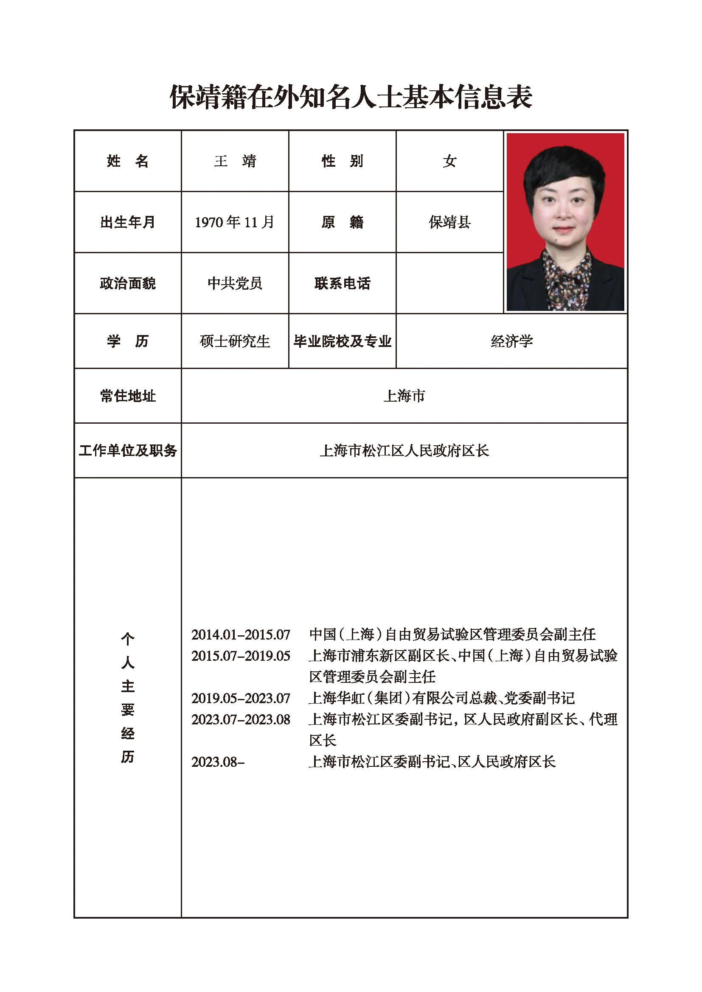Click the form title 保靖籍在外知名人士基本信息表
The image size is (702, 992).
[x=351, y=97]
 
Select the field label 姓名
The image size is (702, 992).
[x=127, y=161]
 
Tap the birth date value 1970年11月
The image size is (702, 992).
[x=235, y=222]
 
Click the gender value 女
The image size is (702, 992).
[x=449, y=161]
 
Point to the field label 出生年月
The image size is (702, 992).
[x=127, y=222]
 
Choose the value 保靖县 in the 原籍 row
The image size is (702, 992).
[x=449, y=222]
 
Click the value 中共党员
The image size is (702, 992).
[x=235, y=283]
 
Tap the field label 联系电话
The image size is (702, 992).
[x=343, y=283]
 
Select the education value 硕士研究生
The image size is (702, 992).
[x=235, y=341]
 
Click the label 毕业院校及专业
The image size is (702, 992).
[x=343, y=341]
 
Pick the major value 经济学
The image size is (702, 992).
[x=512, y=341]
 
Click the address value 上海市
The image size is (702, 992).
[x=404, y=396]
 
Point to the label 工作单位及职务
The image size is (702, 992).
[x=127, y=451]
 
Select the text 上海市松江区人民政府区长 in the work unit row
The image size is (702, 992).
[x=404, y=451]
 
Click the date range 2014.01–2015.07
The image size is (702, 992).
[x=241, y=635]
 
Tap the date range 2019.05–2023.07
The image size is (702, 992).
[x=241, y=698]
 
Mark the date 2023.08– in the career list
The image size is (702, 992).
[x=218, y=762]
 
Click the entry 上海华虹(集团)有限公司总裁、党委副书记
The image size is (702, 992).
[x=442, y=698]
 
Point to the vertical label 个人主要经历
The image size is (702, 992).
[x=127, y=697]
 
